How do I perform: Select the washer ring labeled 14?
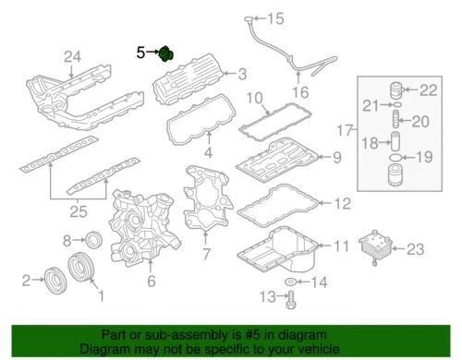coord(292,280)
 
